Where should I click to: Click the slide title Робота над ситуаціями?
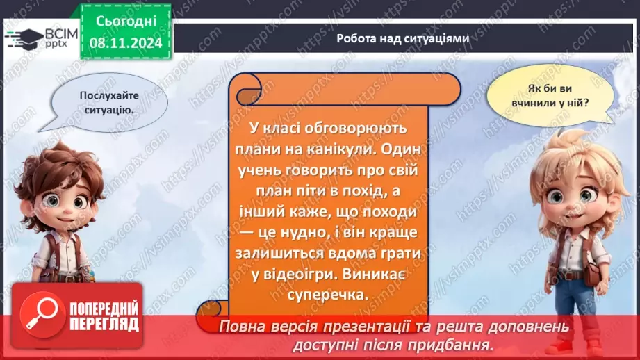click(x=402, y=39)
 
